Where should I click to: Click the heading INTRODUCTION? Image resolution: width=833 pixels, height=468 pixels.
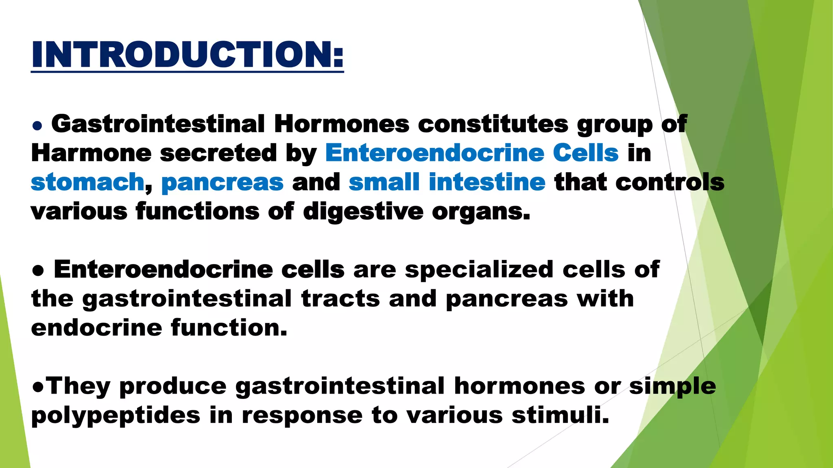(x=187, y=55)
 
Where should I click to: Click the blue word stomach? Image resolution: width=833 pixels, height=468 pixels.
(x=87, y=182)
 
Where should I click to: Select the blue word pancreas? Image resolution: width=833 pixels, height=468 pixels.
(x=222, y=182)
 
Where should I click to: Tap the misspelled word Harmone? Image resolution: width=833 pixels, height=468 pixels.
(x=91, y=153)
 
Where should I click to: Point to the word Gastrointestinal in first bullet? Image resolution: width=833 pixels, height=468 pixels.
(x=158, y=124)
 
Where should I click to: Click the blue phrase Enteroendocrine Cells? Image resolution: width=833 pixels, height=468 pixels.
(x=472, y=153)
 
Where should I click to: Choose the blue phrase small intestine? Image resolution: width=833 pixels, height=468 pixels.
(x=447, y=182)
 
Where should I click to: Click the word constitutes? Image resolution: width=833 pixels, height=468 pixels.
(x=493, y=124)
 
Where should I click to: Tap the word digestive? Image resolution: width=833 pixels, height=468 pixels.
(x=363, y=212)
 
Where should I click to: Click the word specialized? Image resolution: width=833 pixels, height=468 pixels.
(x=479, y=269)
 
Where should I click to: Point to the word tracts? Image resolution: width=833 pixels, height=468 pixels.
(x=340, y=299)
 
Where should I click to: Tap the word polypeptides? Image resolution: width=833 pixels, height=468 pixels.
(x=116, y=415)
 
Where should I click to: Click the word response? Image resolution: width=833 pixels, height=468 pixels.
(x=302, y=415)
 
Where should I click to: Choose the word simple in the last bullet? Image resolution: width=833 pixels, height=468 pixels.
(x=672, y=386)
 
